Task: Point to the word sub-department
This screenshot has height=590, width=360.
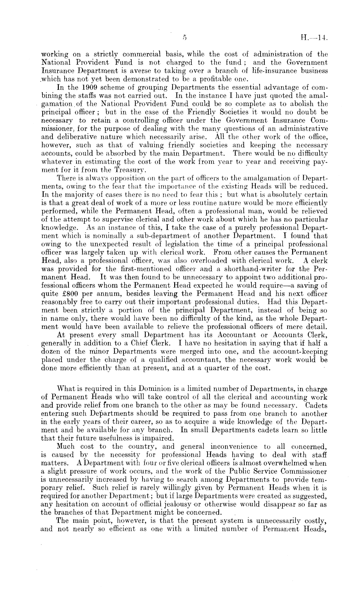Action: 144,235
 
